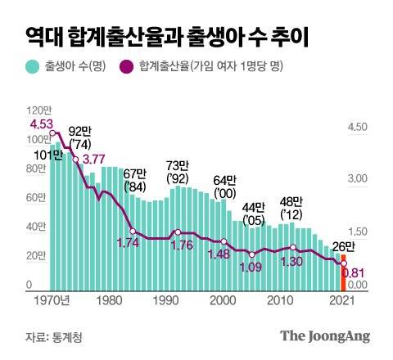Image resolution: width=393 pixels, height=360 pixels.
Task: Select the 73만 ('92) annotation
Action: click(178, 171)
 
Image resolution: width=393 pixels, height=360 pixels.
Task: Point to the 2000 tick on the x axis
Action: click(223, 302)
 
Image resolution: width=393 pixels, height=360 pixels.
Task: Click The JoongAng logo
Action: click(325, 335)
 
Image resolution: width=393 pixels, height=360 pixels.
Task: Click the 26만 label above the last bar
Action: click(344, 245)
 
